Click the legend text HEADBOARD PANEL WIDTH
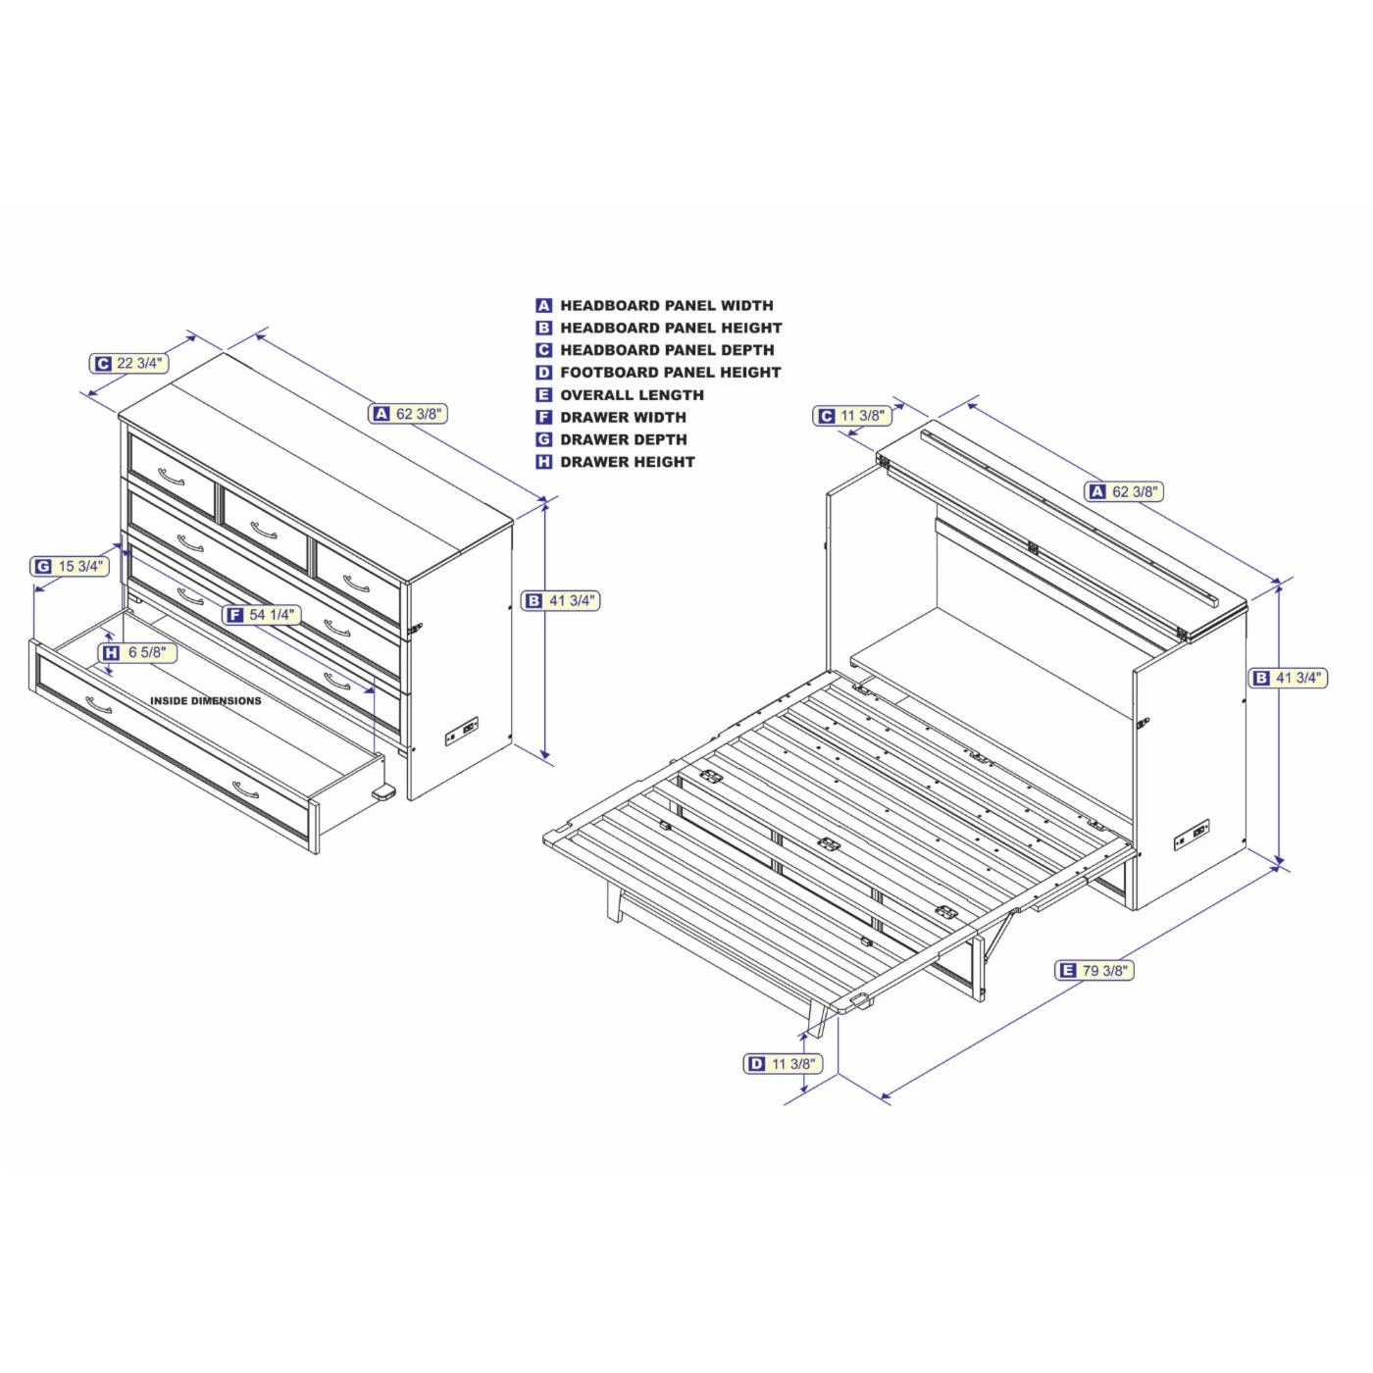pyautogui.click(x=666, y=306)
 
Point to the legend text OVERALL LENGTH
pyautogui.click(x=632, y=395)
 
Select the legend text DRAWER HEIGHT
pyautogui.click(x=627, y=462)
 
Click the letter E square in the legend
pyautogui.click(x=544, y=395)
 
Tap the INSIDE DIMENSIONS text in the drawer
pyautogui.click(x=206, y=701)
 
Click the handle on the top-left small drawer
pyautogui.click(x=171, y=478)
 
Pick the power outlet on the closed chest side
pyautogui.click(x=463, y=731)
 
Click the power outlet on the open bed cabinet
pyautogui.click(x=1192, y=836)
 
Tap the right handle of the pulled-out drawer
pyautogui.click(x=246, y=788)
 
